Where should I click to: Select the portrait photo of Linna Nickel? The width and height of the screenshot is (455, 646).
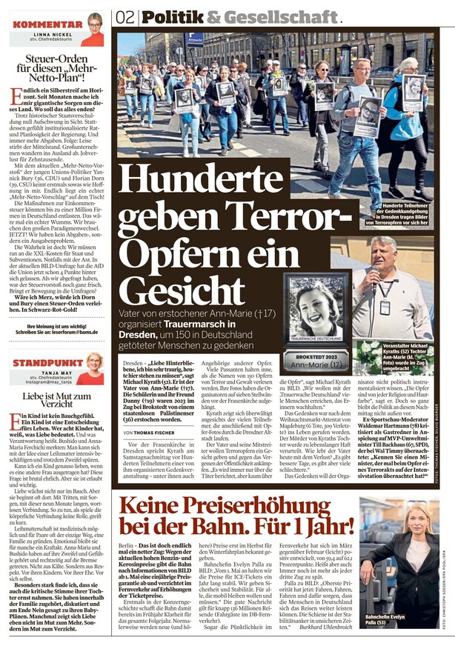[x=95, y=28]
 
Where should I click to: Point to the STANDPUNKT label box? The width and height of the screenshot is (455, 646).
[x=39, y=364]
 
